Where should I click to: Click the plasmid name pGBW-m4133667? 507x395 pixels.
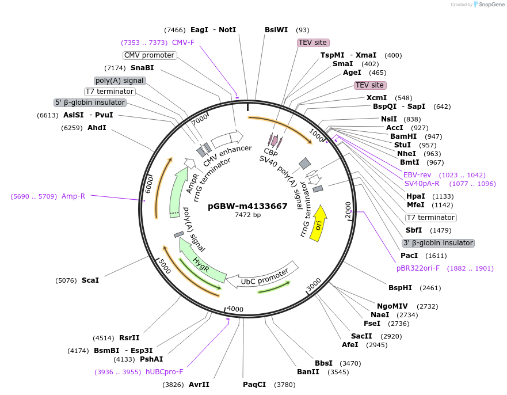coord(247,206)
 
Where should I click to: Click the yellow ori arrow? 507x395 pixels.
coord(318,225)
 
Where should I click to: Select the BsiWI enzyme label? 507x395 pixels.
coord(276,30)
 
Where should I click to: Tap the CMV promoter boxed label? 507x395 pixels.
coord(149,55)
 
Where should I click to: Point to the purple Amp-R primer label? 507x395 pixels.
coord(74,196)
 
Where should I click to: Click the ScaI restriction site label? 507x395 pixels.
coord(90,280)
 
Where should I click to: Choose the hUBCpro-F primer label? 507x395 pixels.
coord(165,372)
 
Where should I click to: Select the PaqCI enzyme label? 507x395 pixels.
coord(254,385)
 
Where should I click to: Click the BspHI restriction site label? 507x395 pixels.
coord(400,287)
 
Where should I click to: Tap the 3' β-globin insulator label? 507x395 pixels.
coord(438,243)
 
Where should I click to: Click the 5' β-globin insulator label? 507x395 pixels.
coord(90,102)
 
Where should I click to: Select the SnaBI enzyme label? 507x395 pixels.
coord(142,68)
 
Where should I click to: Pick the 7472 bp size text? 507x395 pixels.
coord(247,215)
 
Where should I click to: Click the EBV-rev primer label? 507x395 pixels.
coord(417,175)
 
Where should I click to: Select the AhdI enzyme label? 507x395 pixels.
coord(97,127)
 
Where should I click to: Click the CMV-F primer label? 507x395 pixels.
coord(183,43)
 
